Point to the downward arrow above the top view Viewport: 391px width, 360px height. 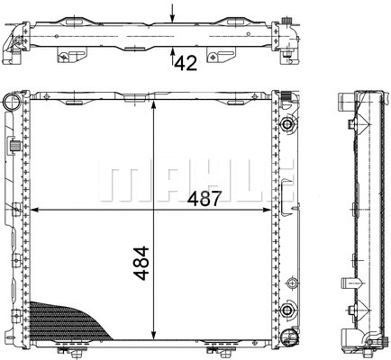(x=172, y=12)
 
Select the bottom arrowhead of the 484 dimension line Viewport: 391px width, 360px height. (x=159, y=339)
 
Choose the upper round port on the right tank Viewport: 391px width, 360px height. (x=287, y=124)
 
